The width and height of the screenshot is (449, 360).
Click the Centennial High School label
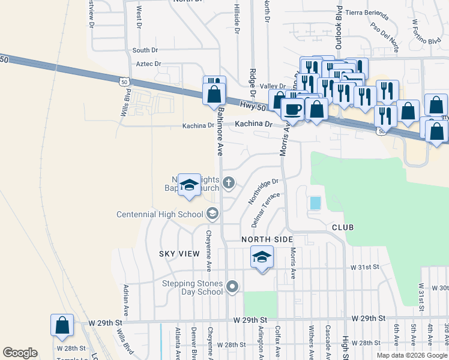(x=160, y=214)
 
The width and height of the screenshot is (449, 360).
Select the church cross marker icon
(x=229, y=182)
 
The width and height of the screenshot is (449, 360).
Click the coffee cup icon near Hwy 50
(x=292, y=109)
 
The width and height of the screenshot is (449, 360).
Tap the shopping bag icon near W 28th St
(x=62, y=326)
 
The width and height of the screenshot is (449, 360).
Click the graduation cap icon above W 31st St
(x=261, y=258)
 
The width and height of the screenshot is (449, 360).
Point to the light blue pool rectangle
(x=315, y=203)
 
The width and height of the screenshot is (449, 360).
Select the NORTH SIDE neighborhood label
(x=267, y=239)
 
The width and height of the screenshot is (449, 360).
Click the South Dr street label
(x=145, y=50)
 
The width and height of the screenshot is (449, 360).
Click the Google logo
(x=20, y=353)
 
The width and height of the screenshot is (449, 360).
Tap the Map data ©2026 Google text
(x=411, y=355)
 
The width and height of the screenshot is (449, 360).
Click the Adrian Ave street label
(x=127, y=300)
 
